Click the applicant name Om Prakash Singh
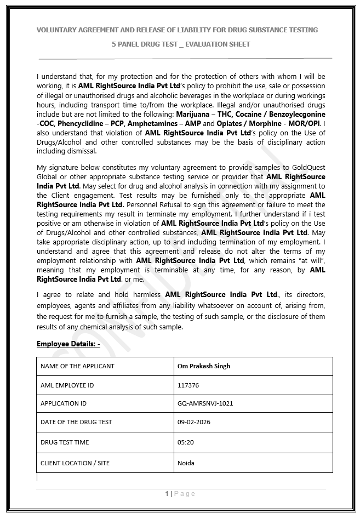(x=204, y=366)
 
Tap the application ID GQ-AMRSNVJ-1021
(x=205, y=403)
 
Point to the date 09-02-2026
(x=194, y=422)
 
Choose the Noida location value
(x=186, y=463)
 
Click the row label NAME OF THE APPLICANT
(x=77, y=366)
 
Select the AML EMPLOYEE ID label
(x=67, y=385)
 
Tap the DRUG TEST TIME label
(x=65, y=442)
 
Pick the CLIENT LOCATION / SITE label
(x=75, y=463)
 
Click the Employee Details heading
(x=68, y=344)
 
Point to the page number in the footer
(x=167, y=494)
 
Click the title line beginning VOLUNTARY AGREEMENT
(x=177, y=30)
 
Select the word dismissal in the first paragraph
(x=82, y=151)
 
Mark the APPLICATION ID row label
(x=64, y=403)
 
